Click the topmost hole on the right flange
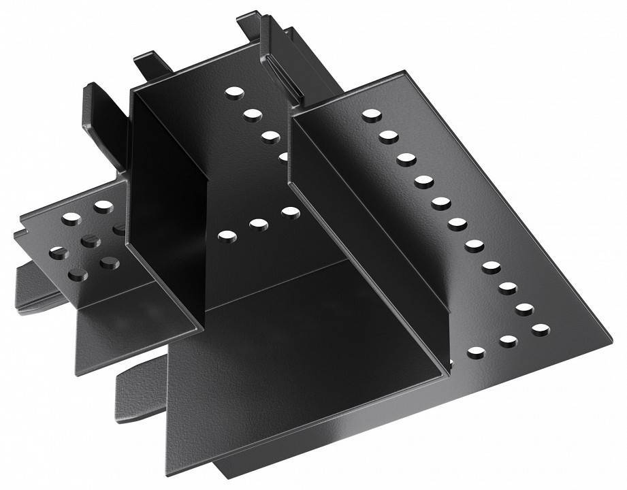coord(371,115)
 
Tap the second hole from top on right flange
coord(389,136)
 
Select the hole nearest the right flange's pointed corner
coord(541,329)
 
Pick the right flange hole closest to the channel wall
coord(477,353)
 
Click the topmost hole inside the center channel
coord(234,92)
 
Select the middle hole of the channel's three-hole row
coord(259,223)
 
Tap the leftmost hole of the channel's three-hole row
coord(227,235)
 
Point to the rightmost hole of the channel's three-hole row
coord(291,212)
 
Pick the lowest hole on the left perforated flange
coord(78,276)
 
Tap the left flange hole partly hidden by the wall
coord(120,229)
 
